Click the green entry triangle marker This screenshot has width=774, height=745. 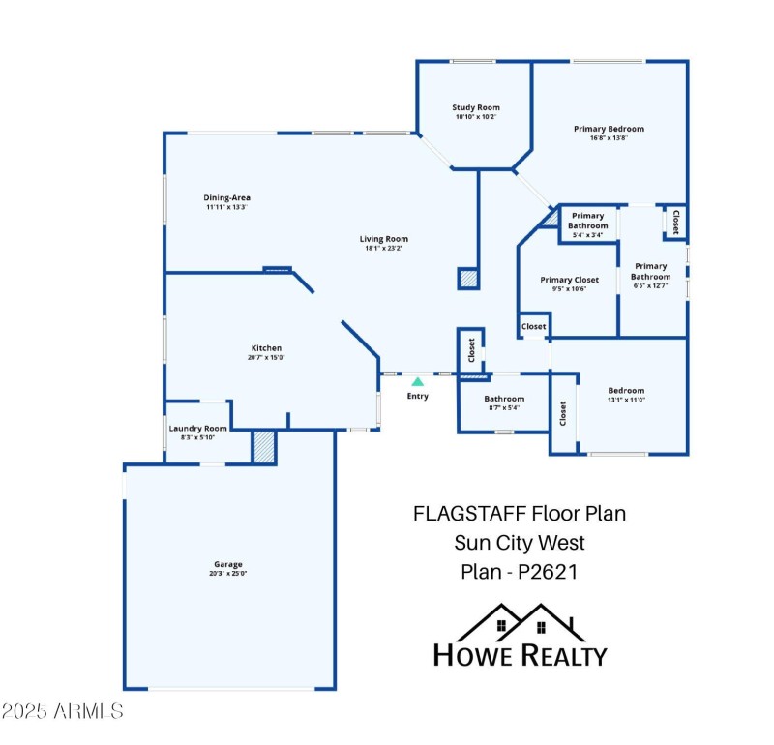418,382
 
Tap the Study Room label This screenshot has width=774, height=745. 477,107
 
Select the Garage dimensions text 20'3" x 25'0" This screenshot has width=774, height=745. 228,574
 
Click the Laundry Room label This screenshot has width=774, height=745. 197,429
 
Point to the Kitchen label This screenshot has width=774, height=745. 267,348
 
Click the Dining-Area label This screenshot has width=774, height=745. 227,197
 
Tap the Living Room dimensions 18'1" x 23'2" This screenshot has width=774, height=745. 384,249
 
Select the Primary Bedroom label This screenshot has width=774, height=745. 609,129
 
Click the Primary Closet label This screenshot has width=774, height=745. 570,280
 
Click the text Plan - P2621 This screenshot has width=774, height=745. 520,571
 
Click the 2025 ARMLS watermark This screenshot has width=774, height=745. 63,712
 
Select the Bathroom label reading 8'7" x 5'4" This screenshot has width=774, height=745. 504,407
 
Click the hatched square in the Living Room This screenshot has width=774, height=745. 468,279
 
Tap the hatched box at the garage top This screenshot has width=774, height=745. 264,446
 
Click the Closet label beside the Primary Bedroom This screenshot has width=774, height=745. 675,222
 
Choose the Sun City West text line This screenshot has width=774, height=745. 520,543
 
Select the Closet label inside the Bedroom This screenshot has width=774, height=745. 562,412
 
